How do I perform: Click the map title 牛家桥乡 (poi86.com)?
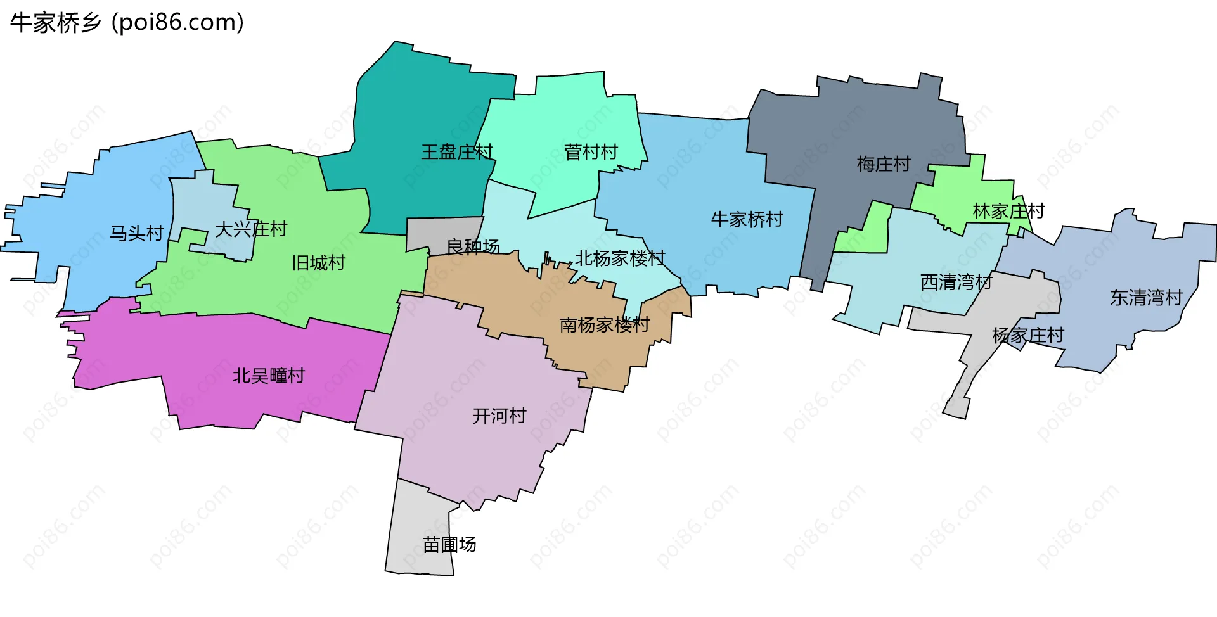[127, 23]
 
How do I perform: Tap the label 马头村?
[137, 233]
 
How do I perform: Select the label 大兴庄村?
[251, 229]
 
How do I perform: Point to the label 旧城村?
[318, 262]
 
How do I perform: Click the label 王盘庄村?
[457, 152]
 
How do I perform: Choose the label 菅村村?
[591, 152]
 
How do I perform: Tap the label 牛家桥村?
[747, 219]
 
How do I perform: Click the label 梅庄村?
[884, 164]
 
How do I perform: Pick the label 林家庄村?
[1008, 211]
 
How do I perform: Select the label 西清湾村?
[956, 282]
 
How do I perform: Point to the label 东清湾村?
[1146, 297]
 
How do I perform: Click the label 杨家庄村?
[1027, 335]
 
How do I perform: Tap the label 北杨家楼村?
[620, 258]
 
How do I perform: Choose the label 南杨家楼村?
[605, 325]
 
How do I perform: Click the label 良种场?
[473, 246]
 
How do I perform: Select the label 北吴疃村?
[269, 376]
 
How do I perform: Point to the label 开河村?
[499, 416]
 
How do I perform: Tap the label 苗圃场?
[449, 544]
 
